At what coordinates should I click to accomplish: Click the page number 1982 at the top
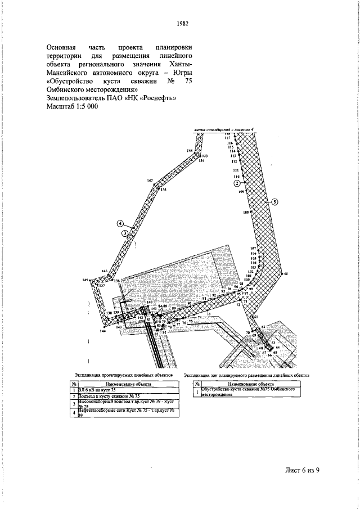coord(182,24)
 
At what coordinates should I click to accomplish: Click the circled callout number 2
coord(237,183)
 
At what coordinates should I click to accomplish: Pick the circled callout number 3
coord(125,232)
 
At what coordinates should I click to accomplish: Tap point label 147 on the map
coord(150,181)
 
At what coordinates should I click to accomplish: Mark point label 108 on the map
coord(245,212)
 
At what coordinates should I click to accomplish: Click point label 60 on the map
coord(286,273)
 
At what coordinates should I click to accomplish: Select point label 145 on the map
coord(85,280)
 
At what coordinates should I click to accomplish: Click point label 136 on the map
coord(117,281)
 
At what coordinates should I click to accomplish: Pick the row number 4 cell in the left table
coord(74,413)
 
